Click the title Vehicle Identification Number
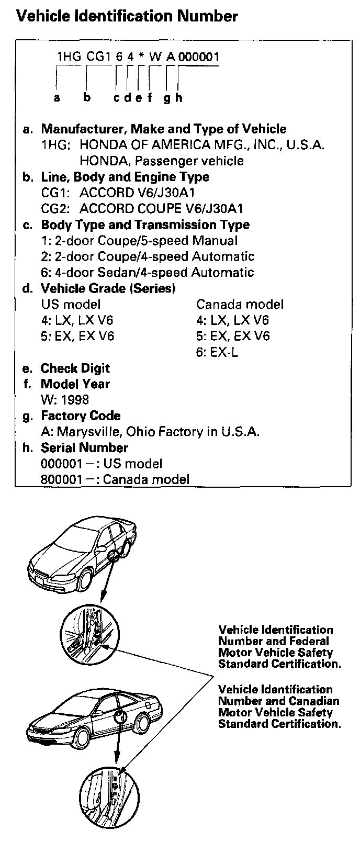(x=127, y=17)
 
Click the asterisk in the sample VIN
(x=141, y=57)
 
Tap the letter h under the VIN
(x=178, y=97)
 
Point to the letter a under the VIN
(x=57, y=97)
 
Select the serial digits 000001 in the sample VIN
(x=199, y=57)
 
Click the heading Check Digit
(x=75, y=368)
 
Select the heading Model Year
(x=75, y=384)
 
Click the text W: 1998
(x=65, y=400)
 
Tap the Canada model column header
(x=240, y=304)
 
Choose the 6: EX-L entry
(x=217, y=352)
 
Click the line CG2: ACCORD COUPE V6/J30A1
(x=142, y=209)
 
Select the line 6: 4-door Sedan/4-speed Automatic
(x=147, y=273)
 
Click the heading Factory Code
(x=80, y=416)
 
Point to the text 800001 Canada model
(x=115, y=479)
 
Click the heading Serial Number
(x=84, y=447)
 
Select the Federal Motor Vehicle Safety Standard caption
(x=279, y=647)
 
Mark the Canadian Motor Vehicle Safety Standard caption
(x=279, y=706)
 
